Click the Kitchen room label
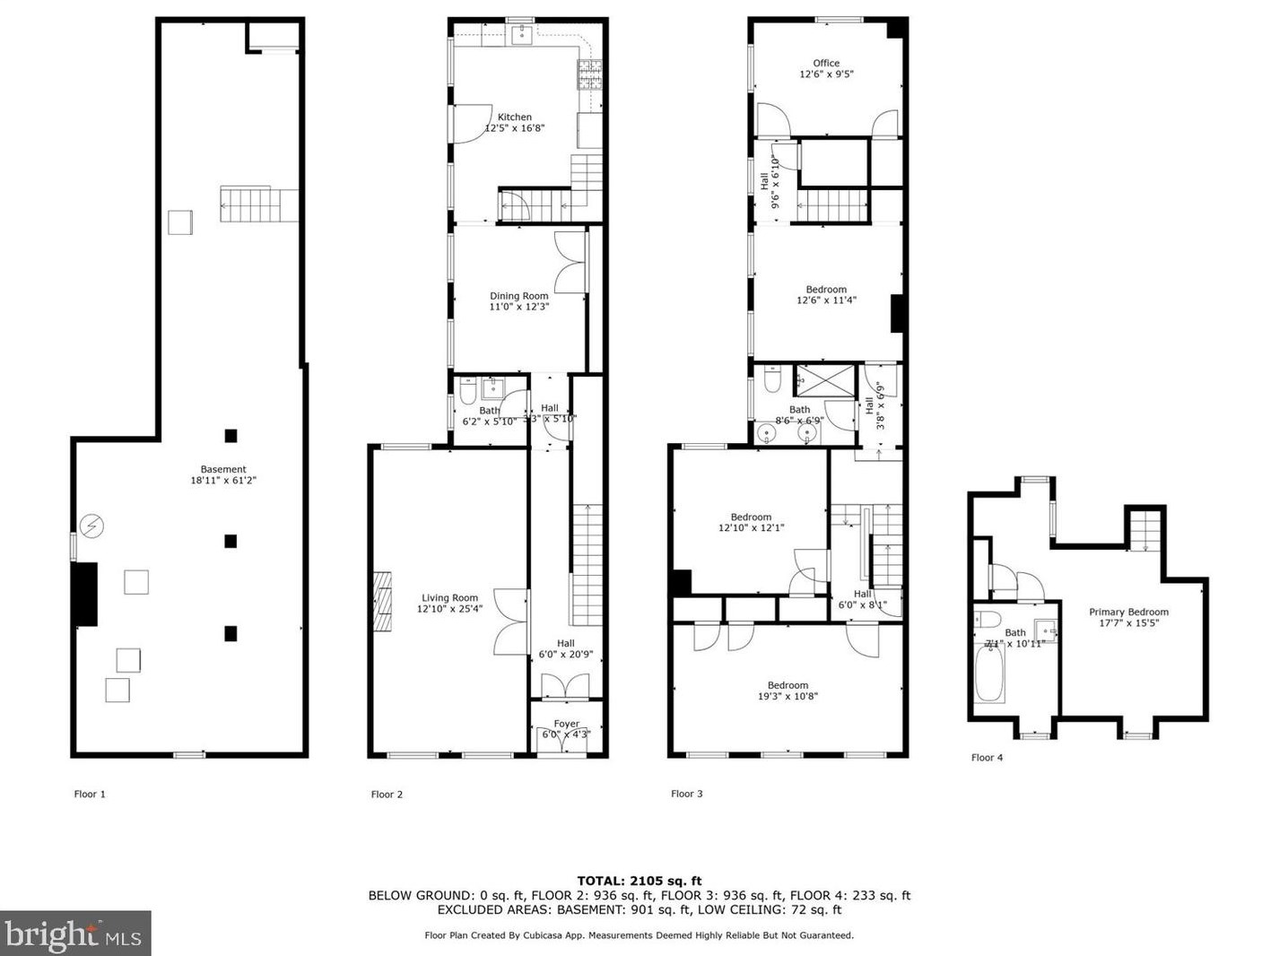(515, 117)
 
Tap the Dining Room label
(518, 297)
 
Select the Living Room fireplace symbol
(383, 604)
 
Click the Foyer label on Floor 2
(566, 724)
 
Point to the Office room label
(826, 64)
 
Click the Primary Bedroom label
(1128, 613)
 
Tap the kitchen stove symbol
(589, 75)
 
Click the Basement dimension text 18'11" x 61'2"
(223, 481)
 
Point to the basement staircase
(258, 204)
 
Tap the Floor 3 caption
(687, 794)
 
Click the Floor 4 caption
(987, 758)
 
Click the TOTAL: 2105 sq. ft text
(639, 881)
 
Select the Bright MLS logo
(74, 934)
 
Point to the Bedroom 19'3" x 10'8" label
(787, 691)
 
